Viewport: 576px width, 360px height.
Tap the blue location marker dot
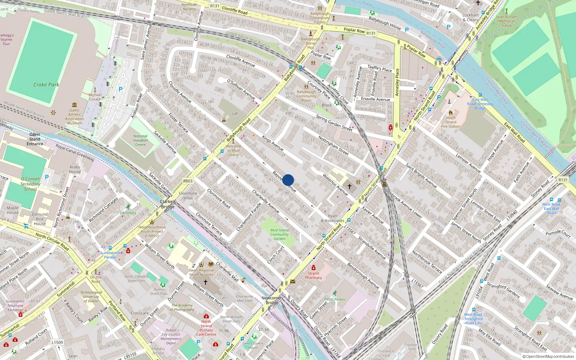(288, 180)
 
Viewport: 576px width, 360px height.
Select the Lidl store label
(235, 113)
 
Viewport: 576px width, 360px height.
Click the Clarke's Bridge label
(168, 204)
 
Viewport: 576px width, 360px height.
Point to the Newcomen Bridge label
(272, 300)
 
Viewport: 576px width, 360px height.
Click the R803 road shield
(188, 181)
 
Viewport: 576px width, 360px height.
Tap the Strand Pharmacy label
(314, 275)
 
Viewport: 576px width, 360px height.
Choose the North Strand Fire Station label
(451, 122)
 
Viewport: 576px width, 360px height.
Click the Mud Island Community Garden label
(279, 234)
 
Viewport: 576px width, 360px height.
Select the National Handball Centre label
(140, 140)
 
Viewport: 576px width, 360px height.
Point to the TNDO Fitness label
(334, 299)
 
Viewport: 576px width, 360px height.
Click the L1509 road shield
(57, 342)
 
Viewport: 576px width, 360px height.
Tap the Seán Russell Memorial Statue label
(506, 21)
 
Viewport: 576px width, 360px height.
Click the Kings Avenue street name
(273, 143)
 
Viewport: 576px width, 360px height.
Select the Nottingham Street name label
(333, 145)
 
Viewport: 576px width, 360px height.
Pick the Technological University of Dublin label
(91, 297)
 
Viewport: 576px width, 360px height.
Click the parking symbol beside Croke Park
(121, 89)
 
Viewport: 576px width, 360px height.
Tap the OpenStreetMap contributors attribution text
(548, 357)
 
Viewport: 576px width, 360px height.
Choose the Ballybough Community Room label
(306, 96)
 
